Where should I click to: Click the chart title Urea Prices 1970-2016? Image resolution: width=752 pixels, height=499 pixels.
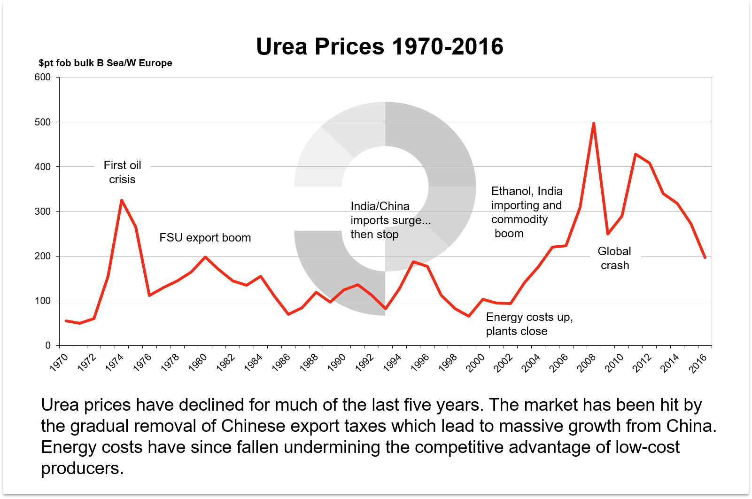(380, 47)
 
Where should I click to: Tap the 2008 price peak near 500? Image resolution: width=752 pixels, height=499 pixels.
(594, 124)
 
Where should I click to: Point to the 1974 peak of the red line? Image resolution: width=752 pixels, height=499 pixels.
(122, 201)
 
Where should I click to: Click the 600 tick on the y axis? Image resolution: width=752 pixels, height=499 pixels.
(43, 77)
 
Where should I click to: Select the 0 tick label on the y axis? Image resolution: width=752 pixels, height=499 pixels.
(47, 345)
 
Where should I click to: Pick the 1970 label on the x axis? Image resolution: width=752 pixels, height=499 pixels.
(60, 362)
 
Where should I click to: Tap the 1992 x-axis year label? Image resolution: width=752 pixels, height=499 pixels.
(365, 363)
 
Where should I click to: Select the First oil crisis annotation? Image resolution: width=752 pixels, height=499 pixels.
(122, 172)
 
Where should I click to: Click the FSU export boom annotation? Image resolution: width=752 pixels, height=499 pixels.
(205, 238)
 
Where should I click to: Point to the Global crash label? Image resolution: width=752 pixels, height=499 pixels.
(614, 258)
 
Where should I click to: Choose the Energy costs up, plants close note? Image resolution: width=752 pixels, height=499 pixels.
(529, 324)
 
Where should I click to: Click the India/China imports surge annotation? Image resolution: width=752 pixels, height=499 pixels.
(390, 220)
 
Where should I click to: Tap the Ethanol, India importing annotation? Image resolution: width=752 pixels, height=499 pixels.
(526, 212)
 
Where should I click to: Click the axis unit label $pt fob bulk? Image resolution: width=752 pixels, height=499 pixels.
(105, 63)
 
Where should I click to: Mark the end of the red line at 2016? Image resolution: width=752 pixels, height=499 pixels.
(705, 257)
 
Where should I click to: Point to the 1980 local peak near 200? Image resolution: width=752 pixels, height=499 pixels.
(205, 257)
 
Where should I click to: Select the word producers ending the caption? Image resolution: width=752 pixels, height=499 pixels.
(82, 468)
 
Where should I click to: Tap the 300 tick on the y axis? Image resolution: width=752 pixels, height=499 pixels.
(43, 211)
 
